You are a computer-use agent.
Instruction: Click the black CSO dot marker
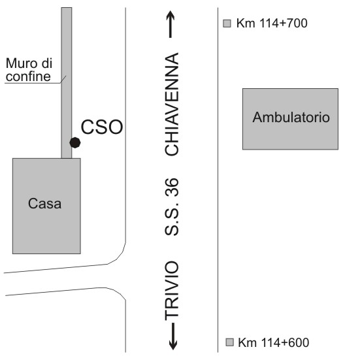coord(75,142)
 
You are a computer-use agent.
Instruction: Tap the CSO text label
coord(102,127)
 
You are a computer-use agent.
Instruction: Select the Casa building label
coord(45,203)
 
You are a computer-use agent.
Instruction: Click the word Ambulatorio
coord(291,117)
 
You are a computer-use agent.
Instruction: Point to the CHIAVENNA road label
coord(172,104)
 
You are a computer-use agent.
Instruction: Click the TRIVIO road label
coord(172,290)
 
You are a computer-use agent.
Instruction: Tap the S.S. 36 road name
coord(172,206)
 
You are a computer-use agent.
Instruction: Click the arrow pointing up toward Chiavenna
coord(171,24)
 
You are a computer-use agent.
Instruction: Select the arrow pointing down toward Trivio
coord(173,336)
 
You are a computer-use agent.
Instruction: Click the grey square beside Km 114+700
coord(227,24)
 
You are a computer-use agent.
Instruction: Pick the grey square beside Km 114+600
coord(229,342)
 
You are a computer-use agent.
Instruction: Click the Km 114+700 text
coord(272,23)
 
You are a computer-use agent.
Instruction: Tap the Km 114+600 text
coord(274,342)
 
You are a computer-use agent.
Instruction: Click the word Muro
coord(20,63)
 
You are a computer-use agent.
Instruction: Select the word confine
coord(28,76)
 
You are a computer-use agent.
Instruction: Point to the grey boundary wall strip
coord(67,83)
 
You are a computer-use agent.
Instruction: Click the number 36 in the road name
coord(172,188)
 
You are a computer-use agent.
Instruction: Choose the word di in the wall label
coord(47,63)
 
